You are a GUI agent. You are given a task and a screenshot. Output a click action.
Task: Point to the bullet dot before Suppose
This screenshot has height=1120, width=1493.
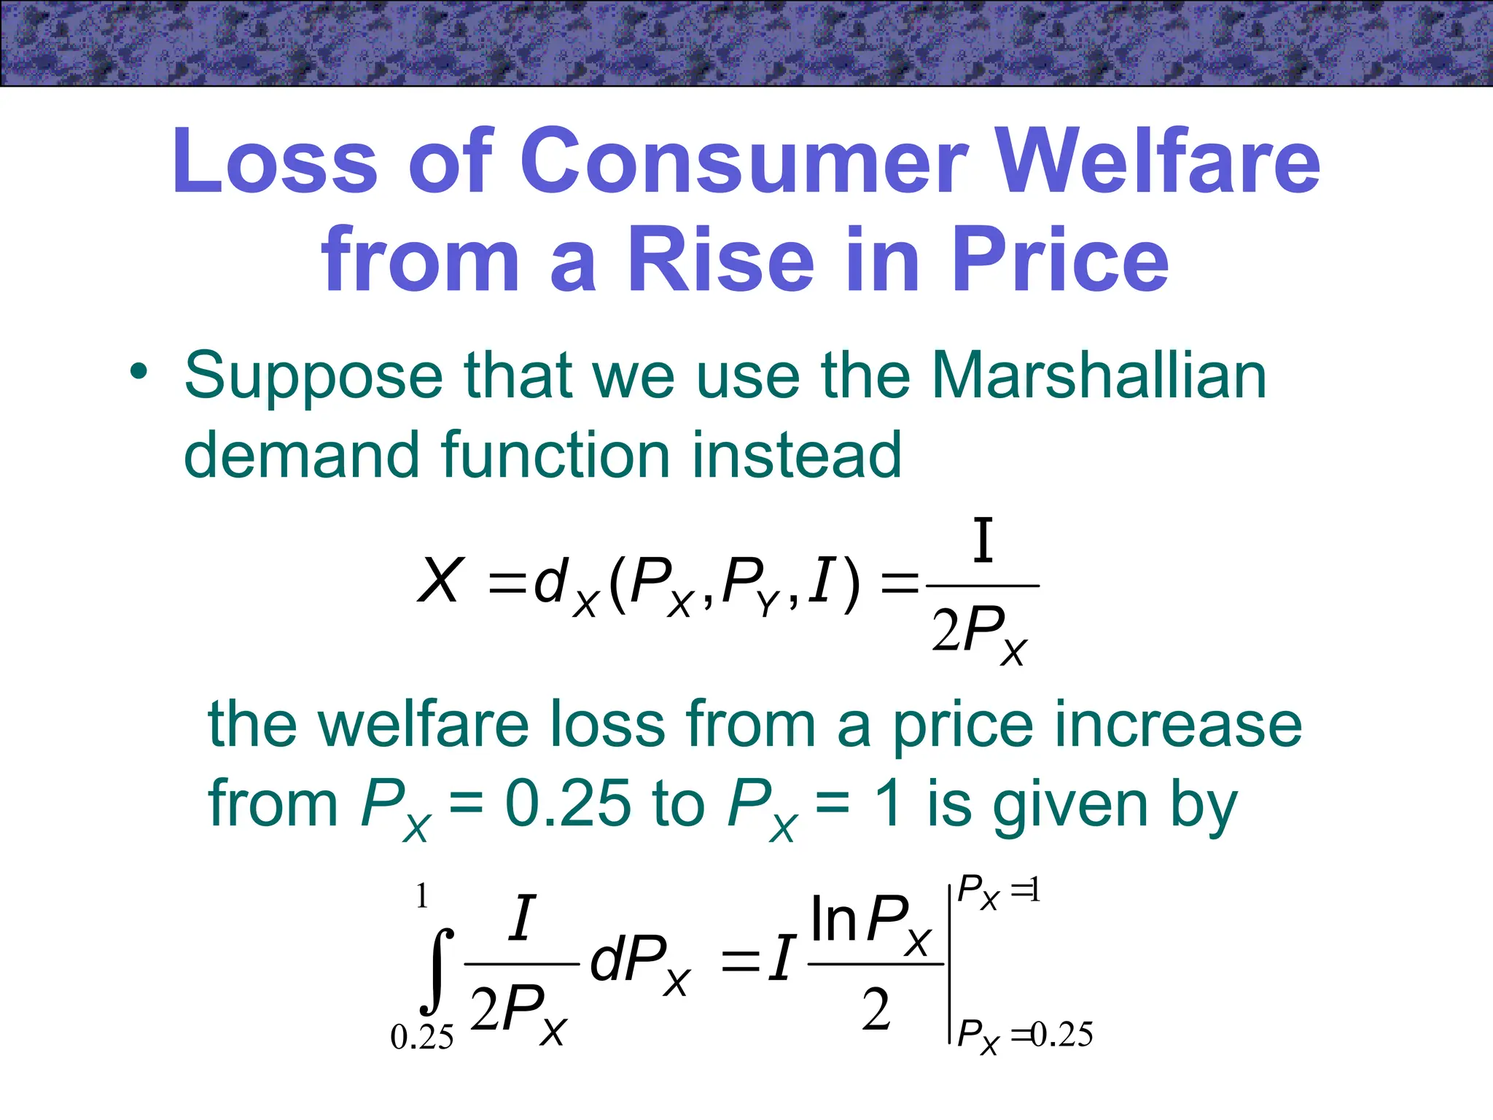pos(138,373)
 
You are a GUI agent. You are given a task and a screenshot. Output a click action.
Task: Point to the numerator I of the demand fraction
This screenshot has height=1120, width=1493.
pos(983,541)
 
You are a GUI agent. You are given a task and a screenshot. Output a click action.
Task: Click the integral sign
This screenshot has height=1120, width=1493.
pos(437,971)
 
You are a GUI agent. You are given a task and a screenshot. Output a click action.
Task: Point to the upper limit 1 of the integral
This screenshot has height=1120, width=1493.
pos(421,896)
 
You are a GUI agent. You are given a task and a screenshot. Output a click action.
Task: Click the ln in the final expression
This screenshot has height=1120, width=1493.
pos(833,921)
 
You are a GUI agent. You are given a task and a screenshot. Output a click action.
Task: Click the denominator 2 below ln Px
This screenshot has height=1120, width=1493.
pos(876,1011)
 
